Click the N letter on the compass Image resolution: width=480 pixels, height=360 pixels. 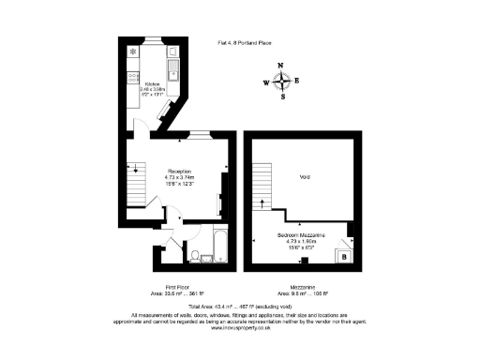pyautogui.click(x=281, y=66)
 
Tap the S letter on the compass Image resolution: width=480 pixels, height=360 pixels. pyautogui.click(x=281, y=95)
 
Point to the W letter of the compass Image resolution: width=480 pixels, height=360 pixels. pyautogui.click(x=265, y=82)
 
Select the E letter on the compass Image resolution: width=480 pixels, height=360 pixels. pyautogui.click(x=297, y=81)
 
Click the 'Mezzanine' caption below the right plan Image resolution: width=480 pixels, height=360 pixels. pyautogui.click(x=304, y=287)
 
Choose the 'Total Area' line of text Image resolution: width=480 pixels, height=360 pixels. pyautogui.click(x=240, y=307)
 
